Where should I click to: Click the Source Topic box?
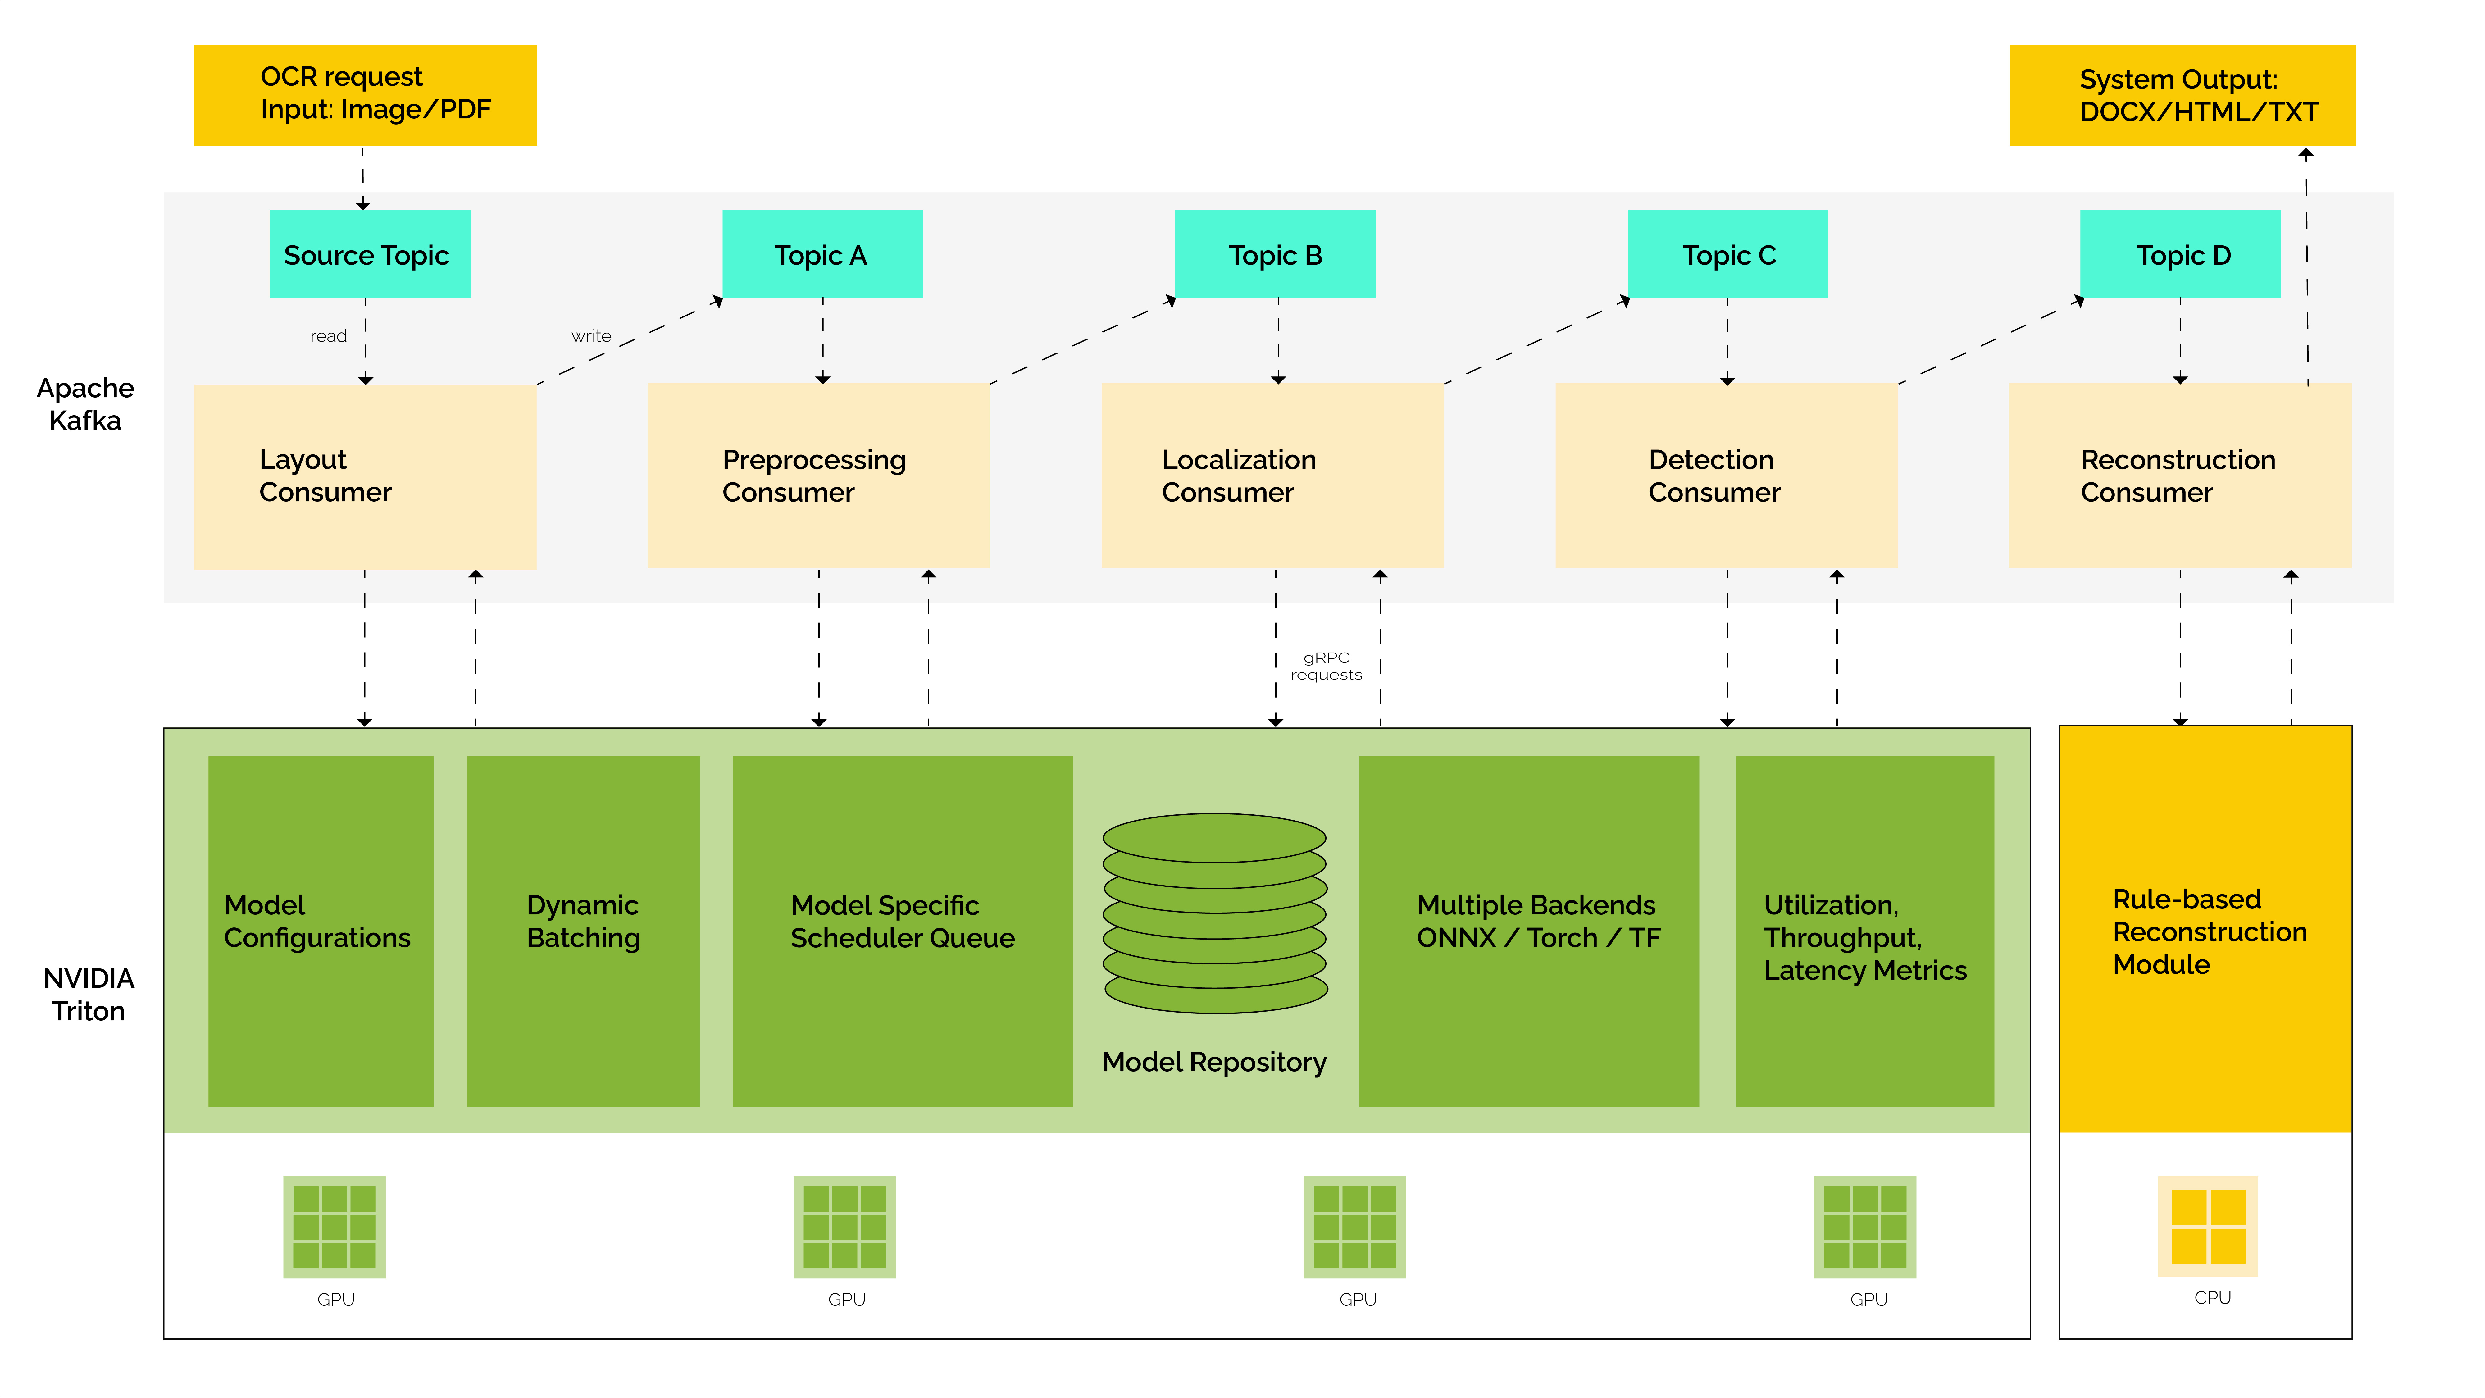[x=370, y=254]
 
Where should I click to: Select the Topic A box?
[x=822, y=254]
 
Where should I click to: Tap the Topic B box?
[x=1274, y=254]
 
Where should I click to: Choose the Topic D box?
[x=2180, y=254]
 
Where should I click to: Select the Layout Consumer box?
[x=365, y=477]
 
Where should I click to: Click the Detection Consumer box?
[x=1726, y=476]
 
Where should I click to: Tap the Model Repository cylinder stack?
[x=1214, y=913]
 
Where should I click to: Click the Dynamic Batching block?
[x=583, y=931]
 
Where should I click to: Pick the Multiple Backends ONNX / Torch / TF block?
[x=1528, y=931]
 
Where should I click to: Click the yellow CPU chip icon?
[x=2208, y=1226]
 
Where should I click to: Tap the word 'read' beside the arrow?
[x=328, y=336]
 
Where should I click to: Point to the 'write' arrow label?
[x=591, y=336]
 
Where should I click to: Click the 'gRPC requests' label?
[x=1327, y=666]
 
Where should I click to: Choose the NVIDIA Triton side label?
[x=89, y=995]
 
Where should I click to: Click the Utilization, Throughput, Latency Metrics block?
[x=1864, y=931]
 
